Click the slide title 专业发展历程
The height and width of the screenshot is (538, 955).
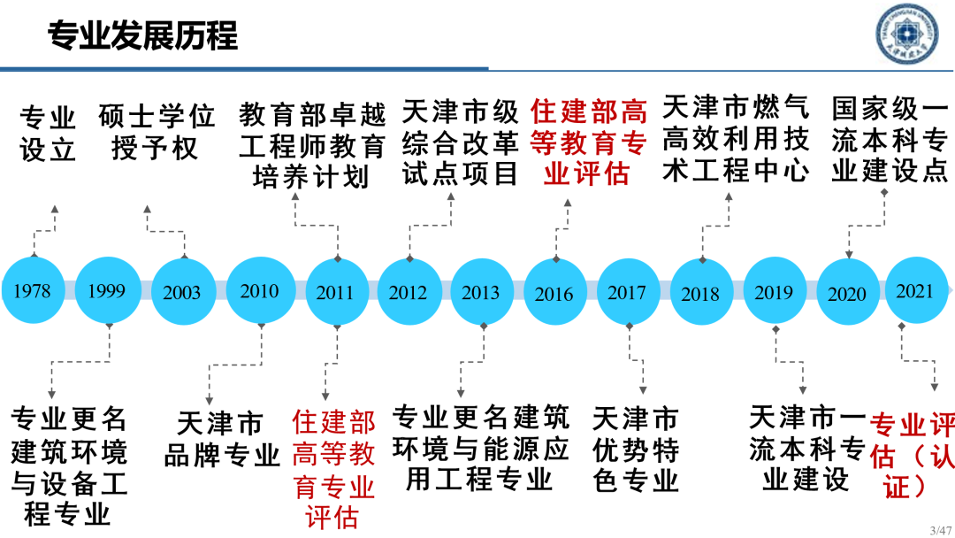tap(142, 36)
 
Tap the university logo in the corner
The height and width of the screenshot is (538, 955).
tap(907, 34)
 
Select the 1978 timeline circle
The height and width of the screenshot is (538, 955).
tap(33, 291)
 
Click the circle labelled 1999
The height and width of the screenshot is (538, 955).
tap(107, 291)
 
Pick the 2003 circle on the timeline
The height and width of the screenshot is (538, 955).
tap(182, 293)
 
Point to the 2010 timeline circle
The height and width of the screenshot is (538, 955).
tap(259, 291)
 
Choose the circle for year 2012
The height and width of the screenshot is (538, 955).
tap(409, 292)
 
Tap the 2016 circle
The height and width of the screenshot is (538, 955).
tap(554, 293)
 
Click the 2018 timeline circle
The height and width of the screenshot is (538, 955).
tap(701, 293)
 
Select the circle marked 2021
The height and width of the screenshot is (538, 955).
tap(915, 291)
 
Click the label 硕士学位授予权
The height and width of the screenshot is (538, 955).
tap(157, 132)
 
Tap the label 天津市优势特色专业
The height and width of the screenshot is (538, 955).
tap(635, 449)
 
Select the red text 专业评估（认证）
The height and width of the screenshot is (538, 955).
tap(911, 455)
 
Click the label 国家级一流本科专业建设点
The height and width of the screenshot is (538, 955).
tap(890, 140)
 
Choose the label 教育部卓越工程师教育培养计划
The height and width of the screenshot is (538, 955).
tap(311, 146)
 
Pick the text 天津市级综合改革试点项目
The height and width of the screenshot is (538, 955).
tap(460, 142)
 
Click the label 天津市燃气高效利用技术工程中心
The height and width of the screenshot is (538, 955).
tap(736, 139)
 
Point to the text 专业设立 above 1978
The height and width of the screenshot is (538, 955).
tap(48, 133)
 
